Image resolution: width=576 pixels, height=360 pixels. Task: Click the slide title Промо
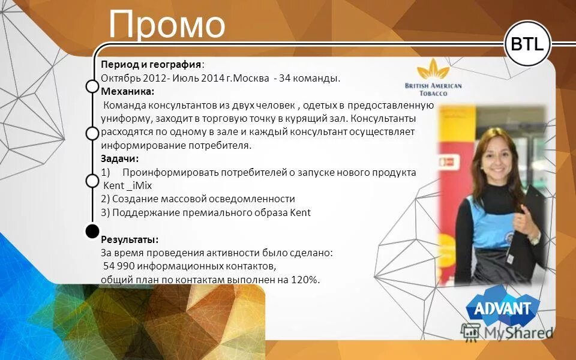tap(167, 25)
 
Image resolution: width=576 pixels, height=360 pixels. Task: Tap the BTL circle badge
tap(527, 44)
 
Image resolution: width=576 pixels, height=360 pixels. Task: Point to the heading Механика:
tap(127, 91)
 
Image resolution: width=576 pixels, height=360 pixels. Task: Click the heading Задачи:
tap(119, 158)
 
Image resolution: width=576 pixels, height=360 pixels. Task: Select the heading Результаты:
tap(129, 239)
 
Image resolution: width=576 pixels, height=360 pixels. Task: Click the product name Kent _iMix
tap(128, 185)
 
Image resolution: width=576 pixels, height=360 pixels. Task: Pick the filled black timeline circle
tap(92, 231)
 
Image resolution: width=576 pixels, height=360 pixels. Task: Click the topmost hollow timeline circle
tap(92, 86)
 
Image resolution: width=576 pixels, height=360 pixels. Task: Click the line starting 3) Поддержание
tap(206, 212)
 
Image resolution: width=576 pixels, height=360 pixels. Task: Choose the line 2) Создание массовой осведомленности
tap(198, 199)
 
